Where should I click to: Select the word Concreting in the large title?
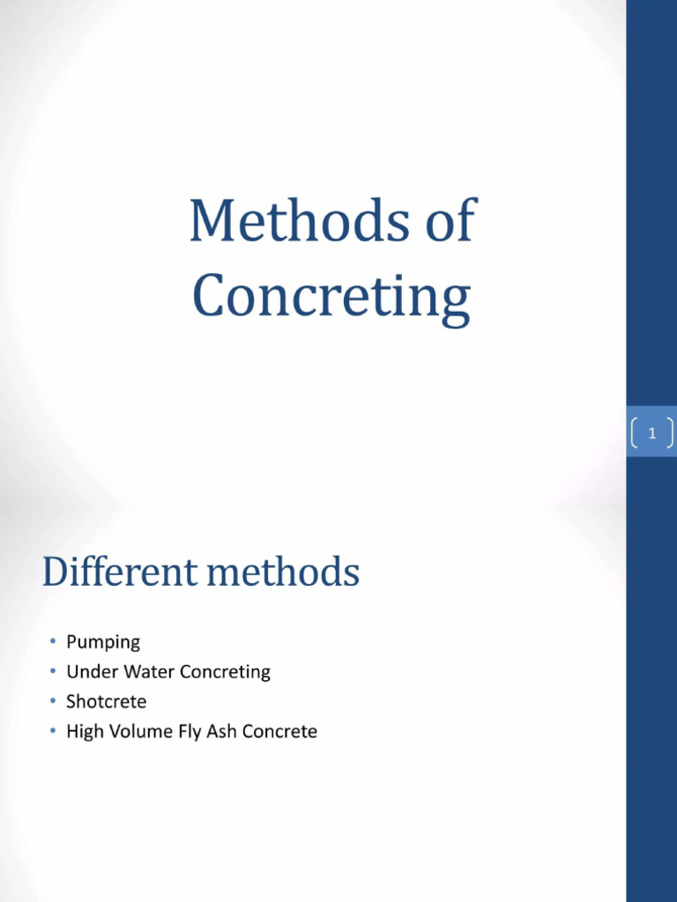tap(331, 297)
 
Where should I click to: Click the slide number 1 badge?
tap(651, 433)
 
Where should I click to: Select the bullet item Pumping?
tap(103, 642)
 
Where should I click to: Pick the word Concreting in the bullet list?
tap(225, 672)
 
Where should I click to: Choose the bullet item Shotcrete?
tap(107, 702)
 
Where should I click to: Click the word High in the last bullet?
tap(85, 732)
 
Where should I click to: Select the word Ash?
tap(222, 732)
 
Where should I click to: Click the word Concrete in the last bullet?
tap(279, 732)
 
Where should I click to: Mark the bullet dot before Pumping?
tap(53, 642)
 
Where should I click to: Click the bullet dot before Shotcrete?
tap(53, 702)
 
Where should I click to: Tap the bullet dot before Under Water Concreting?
tap(53, 672)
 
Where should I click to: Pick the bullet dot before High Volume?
tap(53, 732)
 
